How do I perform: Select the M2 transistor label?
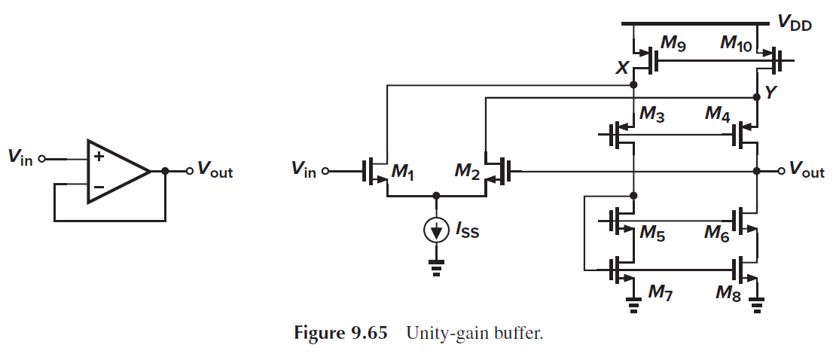pyautogui.click(x=467, y=173)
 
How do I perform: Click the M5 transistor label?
pyautogui.click(x=651, y=233)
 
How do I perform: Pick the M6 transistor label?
pyautogui.click(x=717, y=233)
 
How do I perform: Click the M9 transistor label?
pyautogui.click(x=673, y=44)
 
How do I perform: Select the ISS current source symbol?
pyautogui.click(x=435, y=232)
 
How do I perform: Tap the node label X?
pyautogui.click(x=621, y=68)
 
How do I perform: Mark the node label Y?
pyautogui.click(x=770, y=93)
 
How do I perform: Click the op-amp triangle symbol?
pyautogui.click(x=117, y=171)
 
